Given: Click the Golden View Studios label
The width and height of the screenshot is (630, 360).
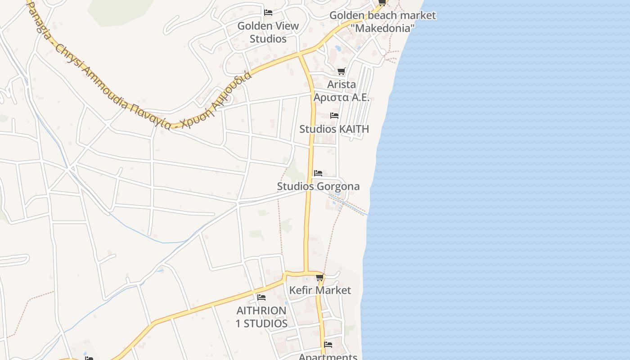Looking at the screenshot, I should [x=268, y=32].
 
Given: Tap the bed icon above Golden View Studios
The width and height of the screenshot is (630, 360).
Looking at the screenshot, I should [x=268, y=13].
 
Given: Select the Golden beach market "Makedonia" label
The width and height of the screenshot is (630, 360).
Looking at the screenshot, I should [x=382, y=22].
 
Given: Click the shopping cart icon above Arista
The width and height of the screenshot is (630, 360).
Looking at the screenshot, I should [x=341, y=71].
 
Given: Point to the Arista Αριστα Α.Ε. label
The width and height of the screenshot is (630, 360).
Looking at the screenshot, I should [x=341, y=91].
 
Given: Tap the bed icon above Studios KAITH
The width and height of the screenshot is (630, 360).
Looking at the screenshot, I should [x=334, y=116].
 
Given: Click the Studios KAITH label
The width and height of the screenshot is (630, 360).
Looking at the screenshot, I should [x=334, y=129].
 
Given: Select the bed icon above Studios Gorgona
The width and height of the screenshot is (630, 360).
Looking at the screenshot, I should [x=318, y=173].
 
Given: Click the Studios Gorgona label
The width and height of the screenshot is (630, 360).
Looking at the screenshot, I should [x=318, y=186].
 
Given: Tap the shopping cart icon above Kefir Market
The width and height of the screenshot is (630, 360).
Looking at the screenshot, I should [x=319, y=277].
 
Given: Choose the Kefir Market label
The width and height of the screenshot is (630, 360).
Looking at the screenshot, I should [x=319, y=290].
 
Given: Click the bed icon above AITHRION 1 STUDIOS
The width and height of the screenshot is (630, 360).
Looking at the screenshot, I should [x=261, y=297].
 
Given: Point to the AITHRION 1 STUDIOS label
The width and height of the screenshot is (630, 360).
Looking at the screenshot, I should [x=261, y=317].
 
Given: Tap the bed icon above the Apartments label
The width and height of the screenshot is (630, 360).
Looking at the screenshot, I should [x=328, y=345].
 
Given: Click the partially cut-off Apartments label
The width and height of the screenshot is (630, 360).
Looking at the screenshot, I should [x=328, y=357].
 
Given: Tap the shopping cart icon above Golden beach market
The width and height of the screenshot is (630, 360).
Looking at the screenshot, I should [x=382, y=3].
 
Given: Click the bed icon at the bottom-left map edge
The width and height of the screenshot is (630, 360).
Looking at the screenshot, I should [x=89, y=359].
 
